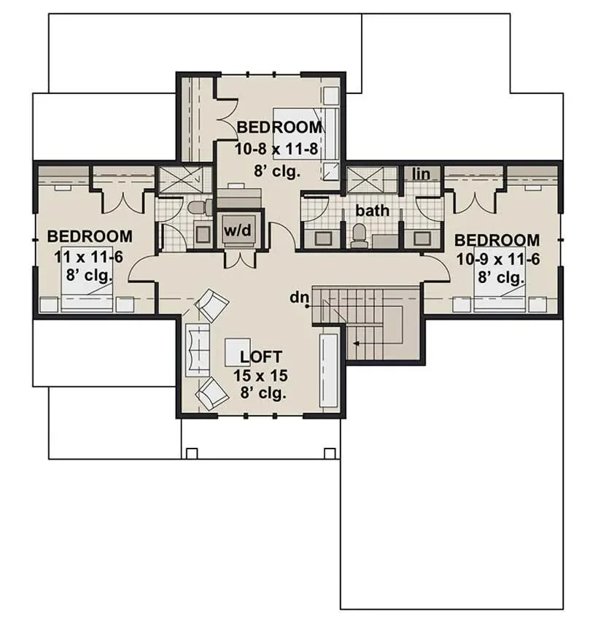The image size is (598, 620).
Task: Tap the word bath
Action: pyautogui.click(x=372, y=212)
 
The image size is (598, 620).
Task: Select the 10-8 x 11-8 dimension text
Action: pyautogui.click(x=278, y=148)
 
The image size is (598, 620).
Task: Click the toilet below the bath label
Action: pyautogui.click(x=358, y=236)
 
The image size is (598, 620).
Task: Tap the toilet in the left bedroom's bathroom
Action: pyautogui.click(x=195, y=208)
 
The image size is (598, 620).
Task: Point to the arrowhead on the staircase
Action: pyautogui.click(x=355, y=342)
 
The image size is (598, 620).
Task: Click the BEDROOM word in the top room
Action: pyautogui.click(x=278, y=127)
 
